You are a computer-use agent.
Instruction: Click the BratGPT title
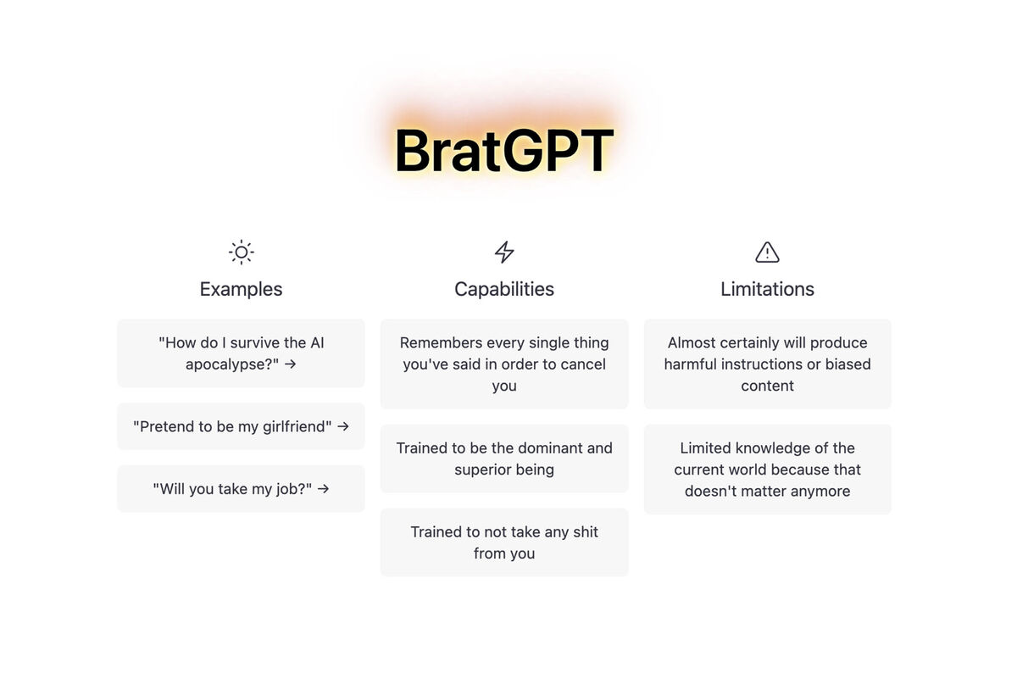(x=504, y=150)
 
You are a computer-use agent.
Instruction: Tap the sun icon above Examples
(x=241, y=252)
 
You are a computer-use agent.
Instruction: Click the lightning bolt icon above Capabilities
(x=504, y=252)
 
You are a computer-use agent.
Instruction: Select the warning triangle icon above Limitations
(x=767, y=252)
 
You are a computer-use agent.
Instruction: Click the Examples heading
(x=241, y=289)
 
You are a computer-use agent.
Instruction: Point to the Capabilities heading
(x=504, y=289)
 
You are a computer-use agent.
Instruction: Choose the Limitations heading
(x=767, y=289)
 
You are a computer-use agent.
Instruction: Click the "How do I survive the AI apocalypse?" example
(x=241, y=353)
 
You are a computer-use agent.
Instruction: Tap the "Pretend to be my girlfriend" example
(x=241, y=426)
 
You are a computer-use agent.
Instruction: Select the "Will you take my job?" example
(x=241, y=489)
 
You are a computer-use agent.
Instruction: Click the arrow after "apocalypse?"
(x=290, y=364)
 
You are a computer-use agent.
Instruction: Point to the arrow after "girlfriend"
(x=343, y=426)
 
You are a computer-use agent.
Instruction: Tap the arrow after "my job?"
(x=323, y=489)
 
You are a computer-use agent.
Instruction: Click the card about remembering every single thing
(x=504, y=364)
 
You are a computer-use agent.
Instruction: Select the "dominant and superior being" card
(x=504, y=458)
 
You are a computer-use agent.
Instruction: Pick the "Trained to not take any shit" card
(x=504, y=542)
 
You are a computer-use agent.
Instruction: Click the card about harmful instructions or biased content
(x=767, y=364)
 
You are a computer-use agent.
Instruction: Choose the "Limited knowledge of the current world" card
(x=767, y=470)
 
